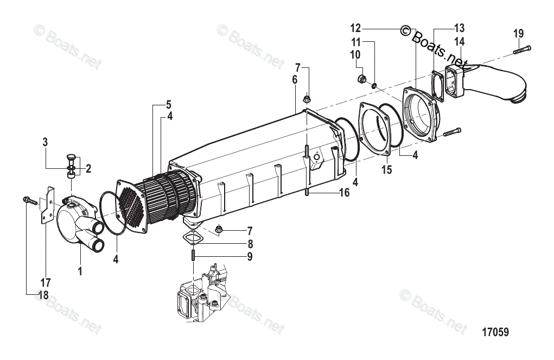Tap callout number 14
coord(460,41)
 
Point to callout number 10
coord(355,54)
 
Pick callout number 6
coord(295,80)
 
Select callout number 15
coord(386,170)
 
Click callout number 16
coord(345,192)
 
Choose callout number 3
coord(45,142)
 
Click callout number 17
coord(46,282)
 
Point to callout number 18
coord(43,295)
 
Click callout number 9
coord(250,257)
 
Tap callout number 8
coord(250,244)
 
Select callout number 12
coord(355,28)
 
